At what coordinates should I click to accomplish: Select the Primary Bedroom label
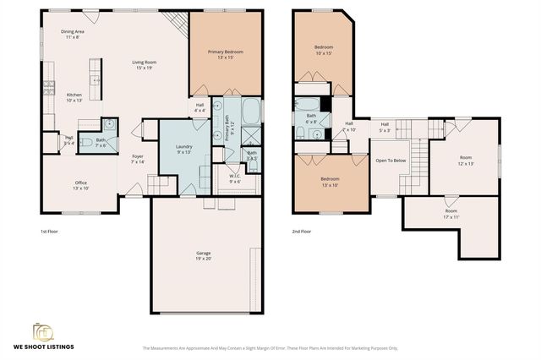[226, 55]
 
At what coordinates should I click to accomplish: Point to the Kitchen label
[74, 96]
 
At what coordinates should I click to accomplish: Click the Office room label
[81, 185]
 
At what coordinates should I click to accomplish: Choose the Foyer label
[138, 159]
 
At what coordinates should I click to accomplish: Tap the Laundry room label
[184, 150]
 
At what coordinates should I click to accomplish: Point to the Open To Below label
[391, 160]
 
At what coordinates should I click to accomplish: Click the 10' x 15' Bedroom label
[325, 50]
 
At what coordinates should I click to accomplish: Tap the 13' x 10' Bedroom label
[330, 182]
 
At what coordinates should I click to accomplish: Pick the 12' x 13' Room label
[466, 161]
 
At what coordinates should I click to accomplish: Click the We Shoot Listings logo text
[45, 346]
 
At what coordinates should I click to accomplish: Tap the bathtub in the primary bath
[253, 112]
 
